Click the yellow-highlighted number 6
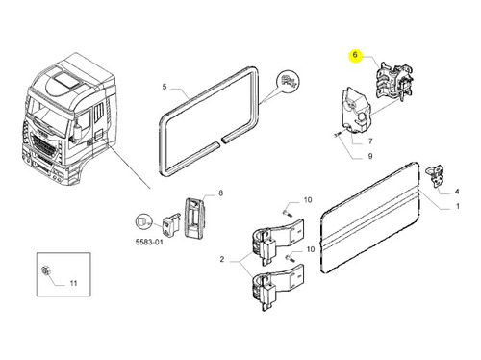355,55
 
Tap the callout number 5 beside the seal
165,87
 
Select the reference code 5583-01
149,242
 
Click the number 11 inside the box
73,283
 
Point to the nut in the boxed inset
45,270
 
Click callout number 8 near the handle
220,193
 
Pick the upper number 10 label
308,200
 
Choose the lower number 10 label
311,249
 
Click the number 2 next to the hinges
222,259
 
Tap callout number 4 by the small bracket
457,192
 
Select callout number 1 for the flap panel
458,206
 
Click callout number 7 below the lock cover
370,141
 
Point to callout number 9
370,156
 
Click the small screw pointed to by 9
337,135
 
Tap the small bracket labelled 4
436,176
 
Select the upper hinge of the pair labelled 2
276,241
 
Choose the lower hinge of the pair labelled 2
276,287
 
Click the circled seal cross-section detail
288,81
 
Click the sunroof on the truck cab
66,81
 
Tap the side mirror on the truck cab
77,131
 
